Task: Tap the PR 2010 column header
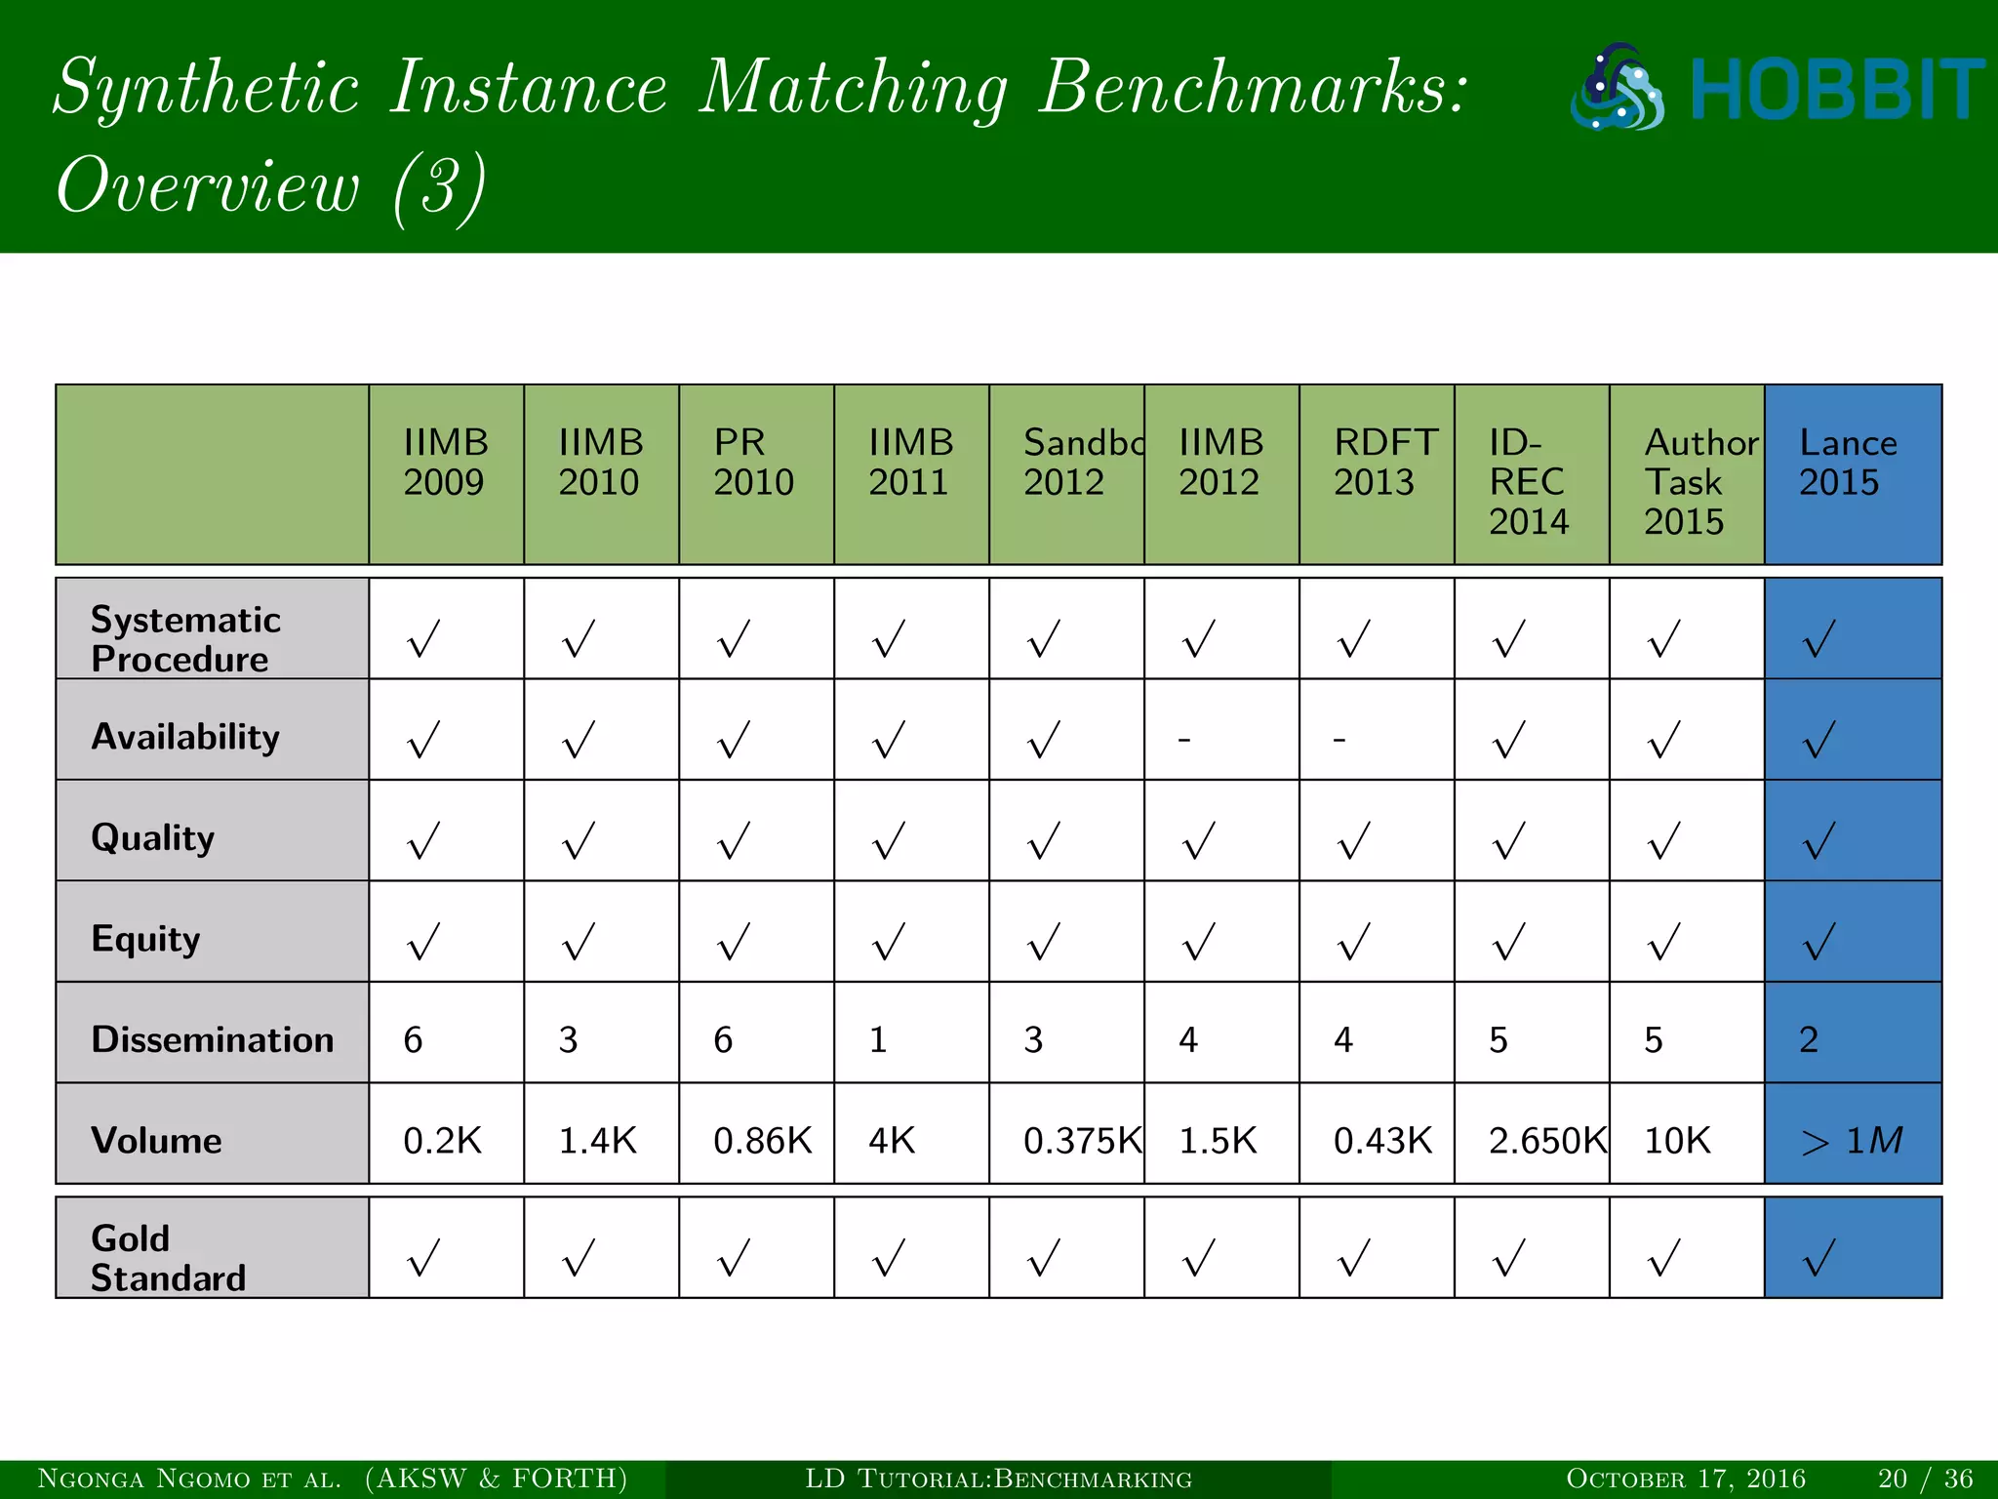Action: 754,464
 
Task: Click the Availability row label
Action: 185,736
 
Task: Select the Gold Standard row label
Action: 168,1258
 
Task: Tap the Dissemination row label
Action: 212,1039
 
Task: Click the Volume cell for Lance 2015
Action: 1852,1140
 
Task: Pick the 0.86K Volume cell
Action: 762,1140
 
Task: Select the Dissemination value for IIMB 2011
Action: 879,1039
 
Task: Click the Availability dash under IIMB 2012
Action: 1184,739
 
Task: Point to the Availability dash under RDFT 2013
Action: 1339,739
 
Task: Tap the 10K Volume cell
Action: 1678,1140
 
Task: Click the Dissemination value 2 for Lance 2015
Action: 1809,1039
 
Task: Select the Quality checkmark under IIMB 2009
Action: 424,840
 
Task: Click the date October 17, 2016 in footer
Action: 1686,1479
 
